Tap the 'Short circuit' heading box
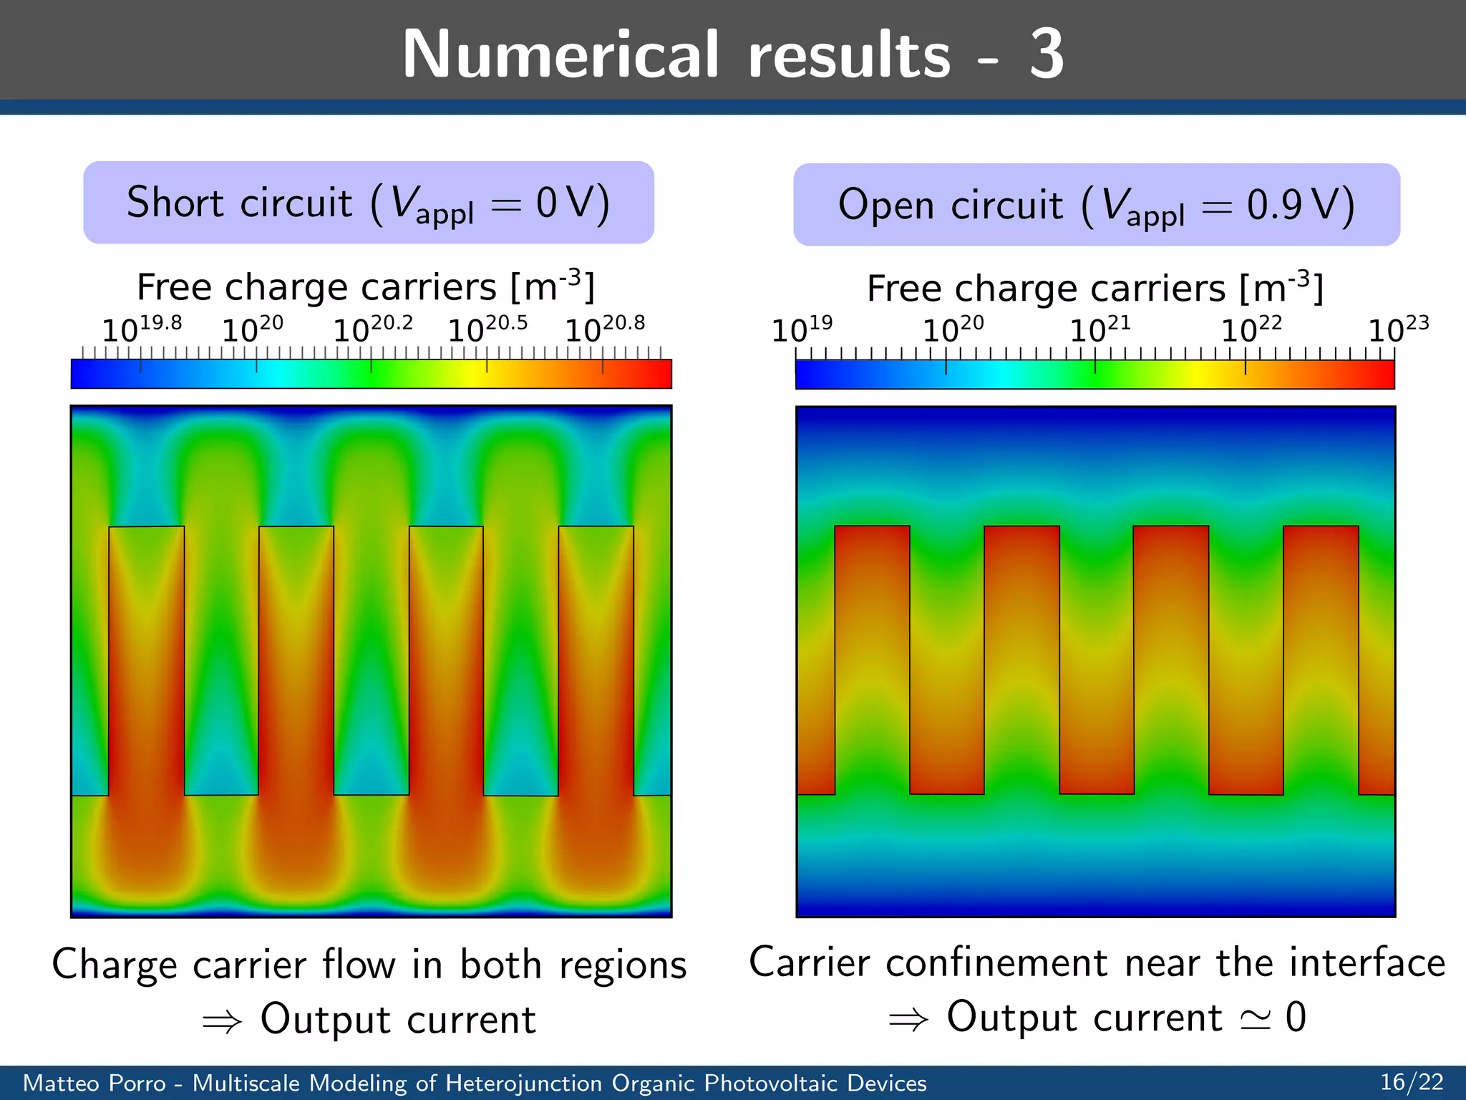[x=369, y=203]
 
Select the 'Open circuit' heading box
[x=1096, y=205]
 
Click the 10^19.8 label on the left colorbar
[x=141, y=329]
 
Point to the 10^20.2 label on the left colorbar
[x=372, y=329]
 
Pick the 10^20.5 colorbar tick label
[x=487, y=329]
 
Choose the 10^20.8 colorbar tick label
[x=604, y=329]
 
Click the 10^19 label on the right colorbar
[x=801, y=329]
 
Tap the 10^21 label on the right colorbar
[x=1099, y=329]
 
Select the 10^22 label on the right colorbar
[x=1251, y=329]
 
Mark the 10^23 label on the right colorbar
[x=1398, y=329]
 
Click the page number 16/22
[x=1412, y=1081]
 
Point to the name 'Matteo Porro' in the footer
[x=94, y=1083]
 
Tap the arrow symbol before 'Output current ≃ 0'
[x=908, y=1019]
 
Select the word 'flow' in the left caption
[x=359, y=964]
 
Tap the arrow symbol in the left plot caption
[x=222, y=1021]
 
